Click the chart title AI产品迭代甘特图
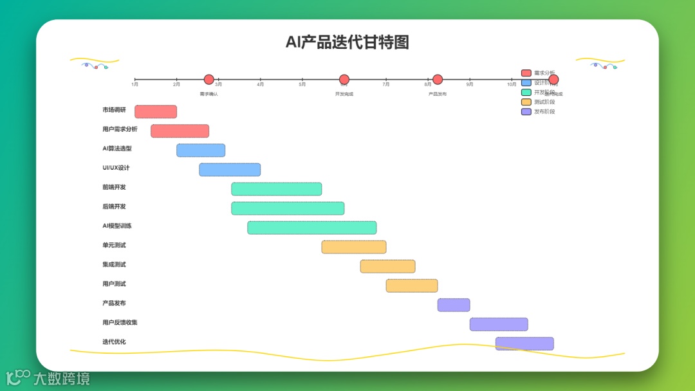coord(347,42)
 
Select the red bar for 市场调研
coord(156,112)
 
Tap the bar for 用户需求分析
coord(180,131)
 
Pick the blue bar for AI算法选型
coord(201,150)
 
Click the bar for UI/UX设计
coord(230,170)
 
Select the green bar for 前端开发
coord(277,189)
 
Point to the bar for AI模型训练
coord(312,228)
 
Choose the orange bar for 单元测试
coord(354,247)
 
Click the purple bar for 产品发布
coord(454,305)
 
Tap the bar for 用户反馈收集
coord(499,324)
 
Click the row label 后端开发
coord(114,206)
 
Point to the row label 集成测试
coord(114,264)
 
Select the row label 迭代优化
coord(114,341)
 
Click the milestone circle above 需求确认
coord(209,80)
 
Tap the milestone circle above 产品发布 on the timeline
coord(438,80)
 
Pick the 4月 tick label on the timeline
coord(260,84)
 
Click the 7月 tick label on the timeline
coord(385,84)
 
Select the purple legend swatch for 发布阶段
coord(526,111)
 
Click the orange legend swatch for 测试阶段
coord(526,102)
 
